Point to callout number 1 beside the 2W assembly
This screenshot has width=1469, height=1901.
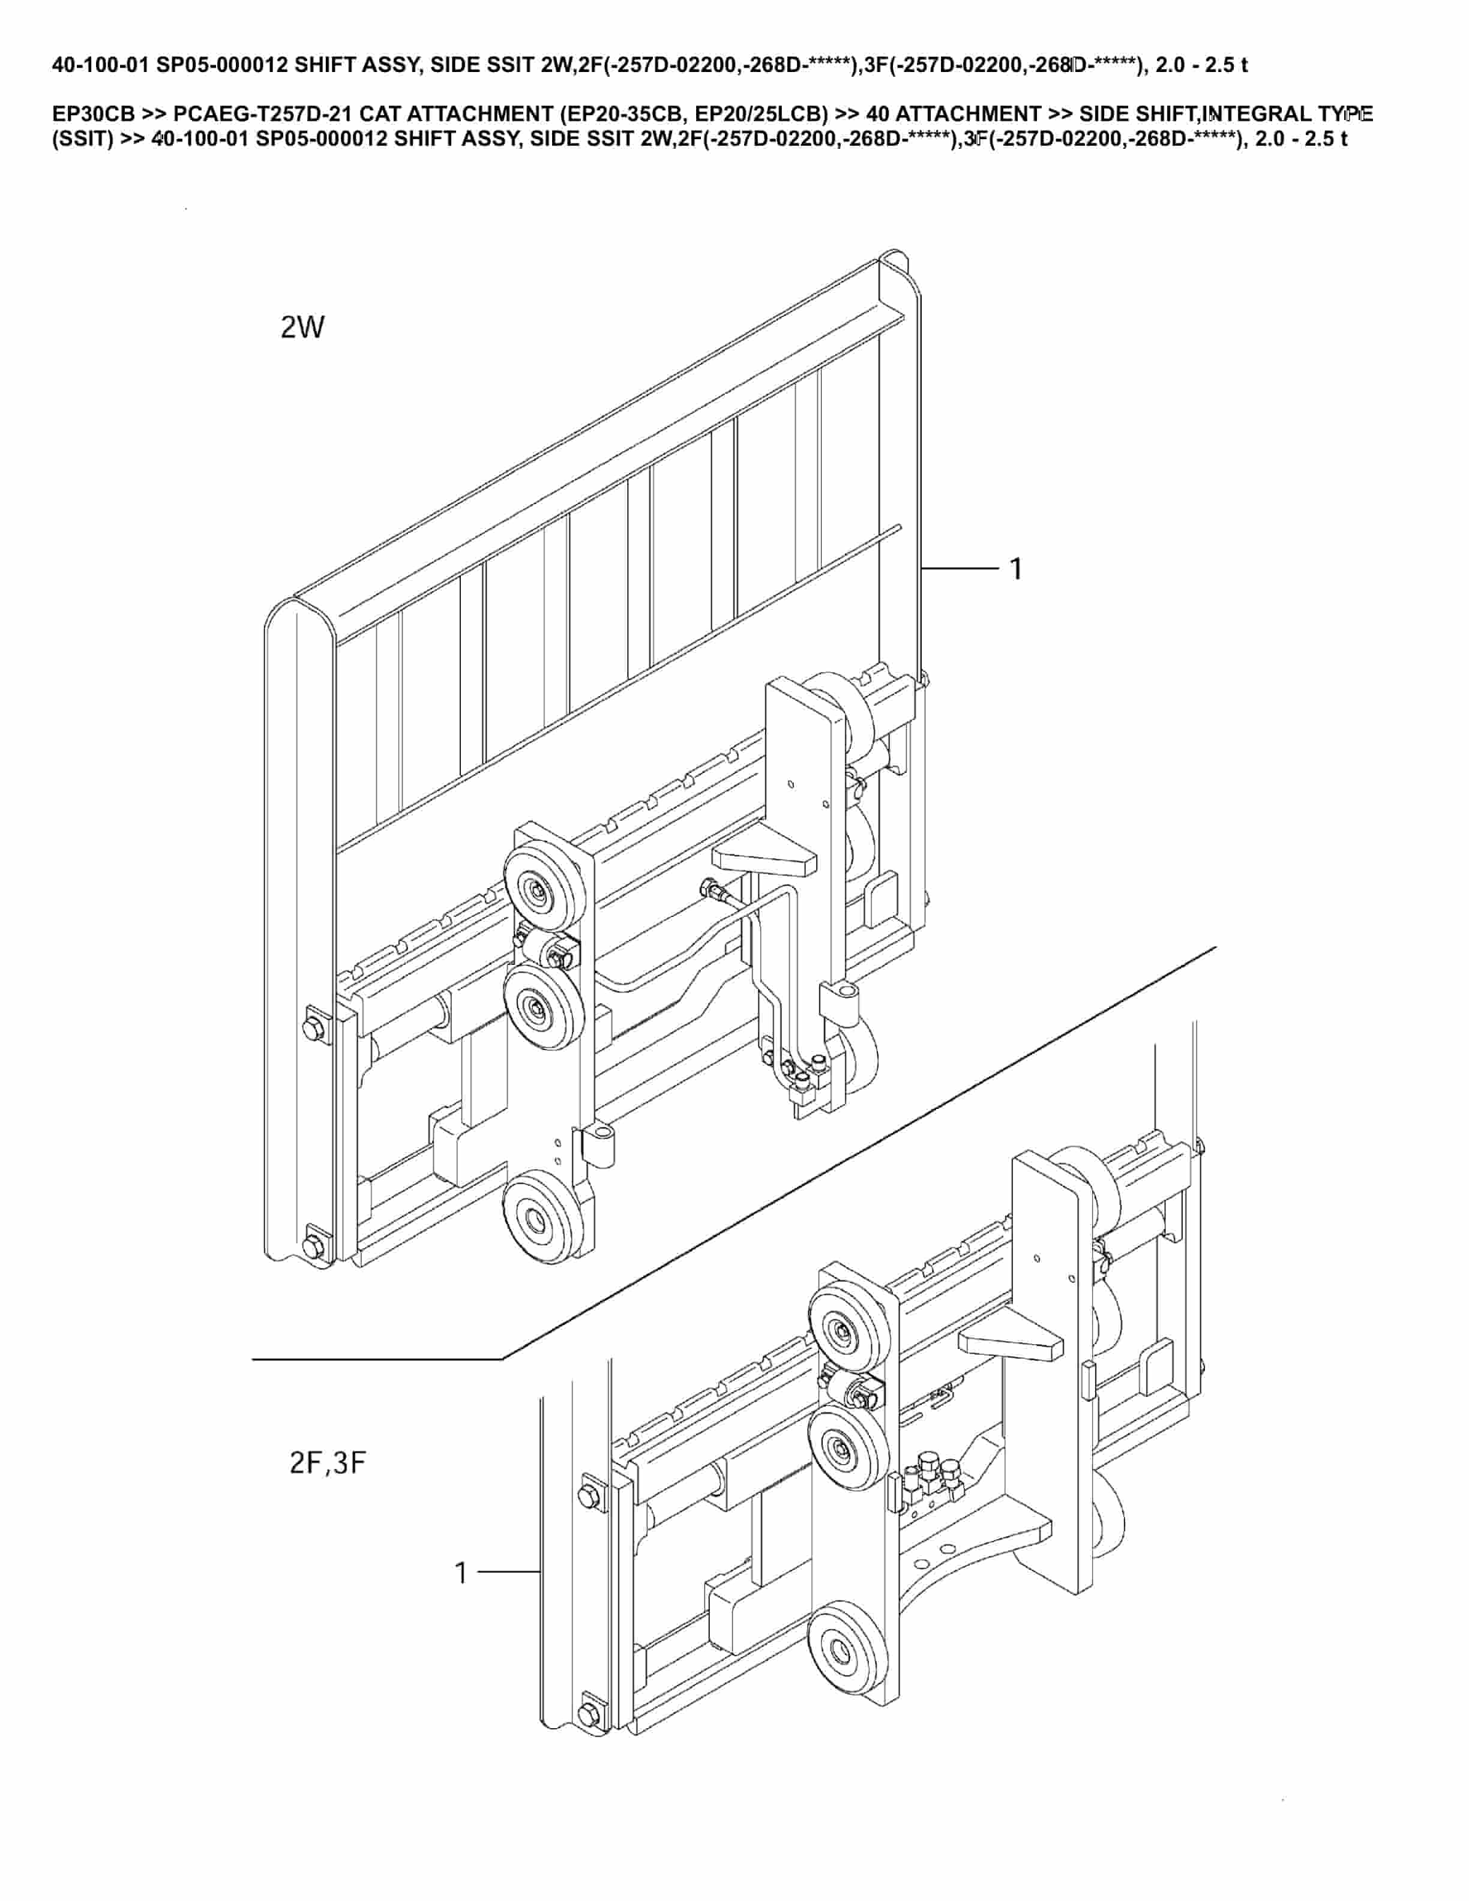[1015, 569]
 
